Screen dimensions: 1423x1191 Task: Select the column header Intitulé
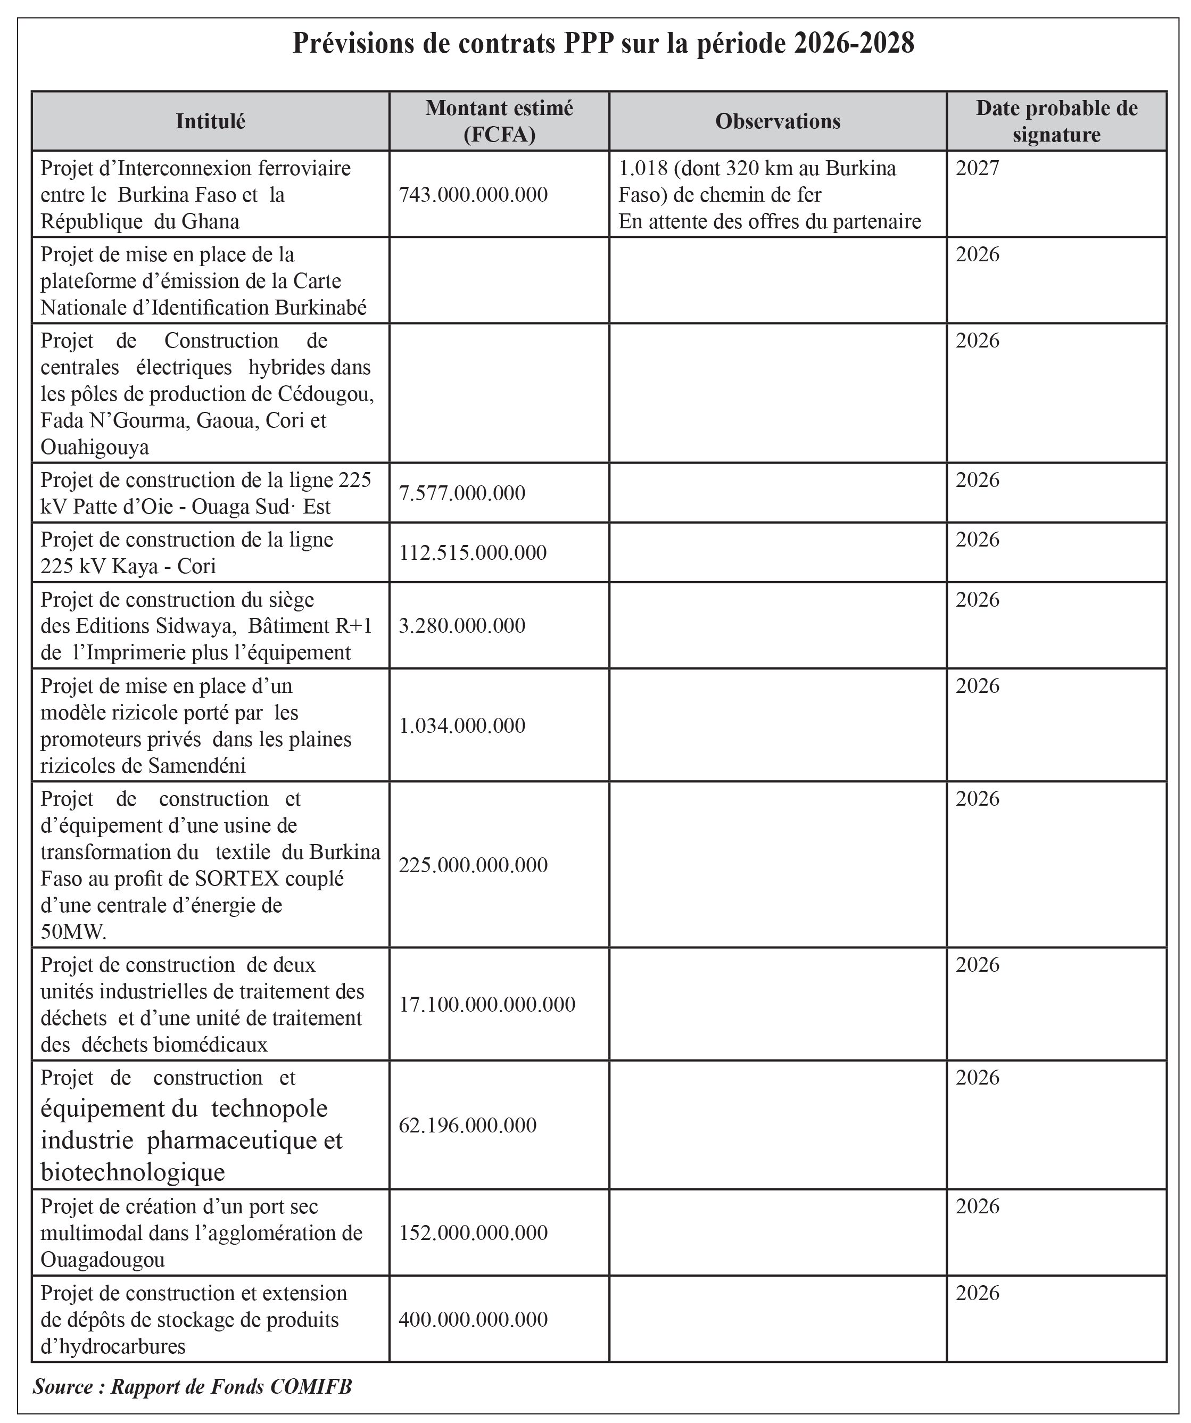pyautogui.click(x=210, y=121)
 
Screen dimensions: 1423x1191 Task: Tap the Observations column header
pyautogui.click(x=778, y=121)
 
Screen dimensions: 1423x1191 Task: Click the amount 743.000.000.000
pyautogui.click(x=473, y=195)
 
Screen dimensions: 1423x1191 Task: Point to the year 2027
pyautogui.click(x=977, y=168)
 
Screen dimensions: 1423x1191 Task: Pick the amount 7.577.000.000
pyautogui.click(x=461, y=493)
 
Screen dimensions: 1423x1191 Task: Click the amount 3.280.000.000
pyautogui.click(x=461, y=625)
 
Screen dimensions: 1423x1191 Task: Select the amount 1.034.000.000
pyautogui.click(x=461, y=726)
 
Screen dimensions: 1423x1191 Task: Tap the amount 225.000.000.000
pyautogui.click(x=473, y=865)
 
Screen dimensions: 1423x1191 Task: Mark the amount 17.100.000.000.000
pyautogui.click(x=486, y=1004)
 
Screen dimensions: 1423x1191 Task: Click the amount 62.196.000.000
pyautogui.click(x=467, y=1126)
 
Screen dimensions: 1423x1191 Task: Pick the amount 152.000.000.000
pyautogui.click(x=473, y=1232)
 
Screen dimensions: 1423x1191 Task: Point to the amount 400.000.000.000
pyautogui.click(x=473, y=1319)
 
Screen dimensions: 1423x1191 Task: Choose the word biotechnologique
pyautogui.click(x=133, y=1172)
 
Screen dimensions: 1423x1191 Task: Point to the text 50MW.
pyautogui.click(x=73, y=932)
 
